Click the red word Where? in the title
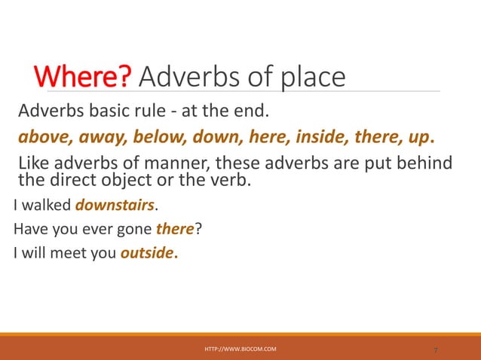click(x=84, y=76)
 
